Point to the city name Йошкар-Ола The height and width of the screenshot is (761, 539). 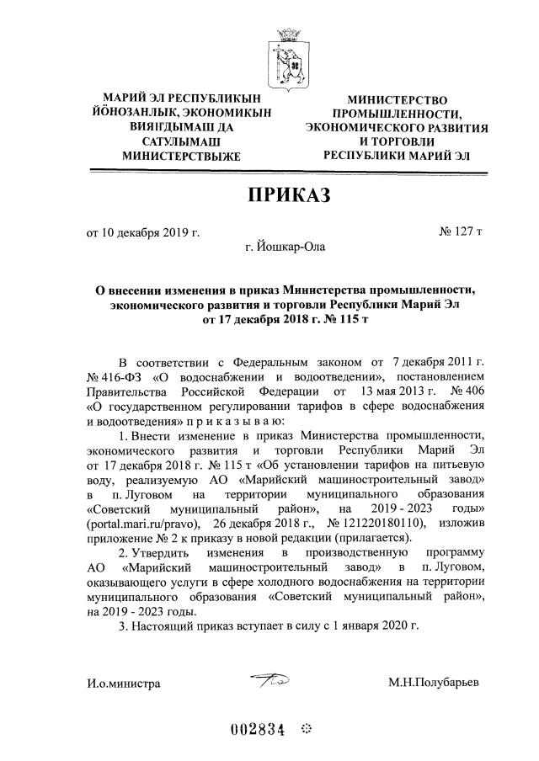pos(283,247)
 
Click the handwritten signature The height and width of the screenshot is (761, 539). pos(270,680)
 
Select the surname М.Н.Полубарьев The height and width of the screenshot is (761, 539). pos(434,683)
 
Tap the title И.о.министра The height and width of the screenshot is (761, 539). pos(123,684)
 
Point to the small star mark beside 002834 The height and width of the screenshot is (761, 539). pos(306,729)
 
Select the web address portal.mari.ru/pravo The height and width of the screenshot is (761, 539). pos(141,523)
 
